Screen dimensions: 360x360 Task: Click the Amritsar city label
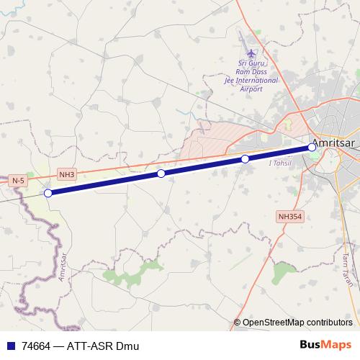(x=336, y=143)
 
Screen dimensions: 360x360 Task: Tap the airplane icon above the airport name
(x=251, y=54)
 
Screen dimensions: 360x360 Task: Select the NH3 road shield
(x=67, y=174)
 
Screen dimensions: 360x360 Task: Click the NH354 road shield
(x=289, y=215)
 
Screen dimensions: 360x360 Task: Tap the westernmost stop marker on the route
(x=48, y=193)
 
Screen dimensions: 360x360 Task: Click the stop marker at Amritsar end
(x=312, y=147)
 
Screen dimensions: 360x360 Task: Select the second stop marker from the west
(x=161, y=174)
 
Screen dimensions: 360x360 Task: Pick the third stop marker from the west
(x=245, y=158)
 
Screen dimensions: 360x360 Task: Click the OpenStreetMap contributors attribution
(x=297, y=322)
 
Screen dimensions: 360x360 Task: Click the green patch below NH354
(x=283, y=273)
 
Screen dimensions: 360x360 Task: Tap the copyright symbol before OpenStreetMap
(x=237, y=322)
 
